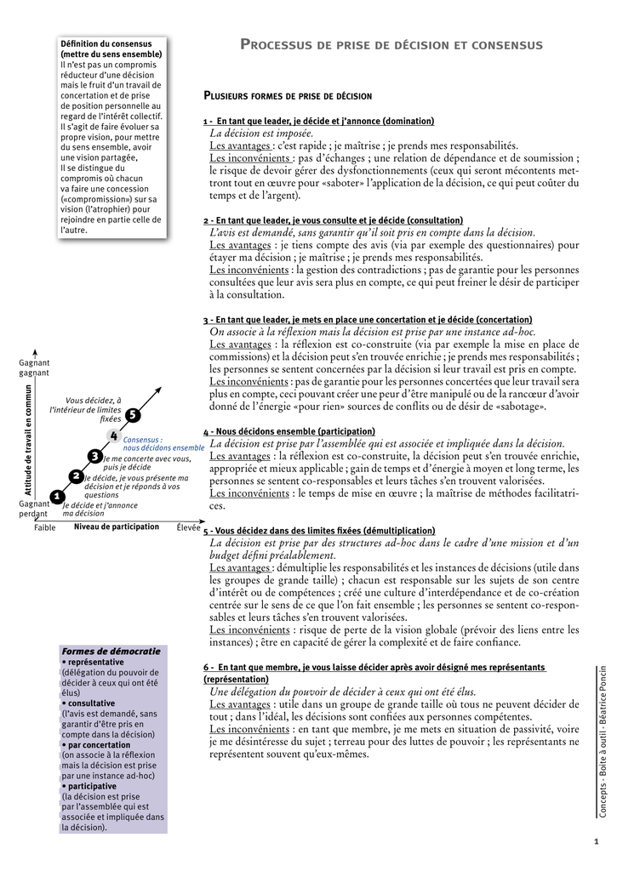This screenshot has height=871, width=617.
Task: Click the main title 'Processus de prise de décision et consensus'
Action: [391, 44]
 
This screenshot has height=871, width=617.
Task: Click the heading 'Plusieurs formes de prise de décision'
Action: [288, 96]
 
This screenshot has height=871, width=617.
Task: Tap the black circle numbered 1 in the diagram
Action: [57, 496]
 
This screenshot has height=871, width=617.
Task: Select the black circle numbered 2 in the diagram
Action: [77, 476]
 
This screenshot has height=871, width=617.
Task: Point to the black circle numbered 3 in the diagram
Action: [95, 457]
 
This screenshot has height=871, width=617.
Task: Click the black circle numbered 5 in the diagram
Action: [132, 415]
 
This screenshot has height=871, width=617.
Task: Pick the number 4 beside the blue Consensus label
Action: [114, 435]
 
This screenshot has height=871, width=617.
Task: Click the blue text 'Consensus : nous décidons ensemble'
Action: [163, 443]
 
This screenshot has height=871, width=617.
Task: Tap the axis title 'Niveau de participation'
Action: [117, 527]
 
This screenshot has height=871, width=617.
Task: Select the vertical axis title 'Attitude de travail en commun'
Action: [28, 440]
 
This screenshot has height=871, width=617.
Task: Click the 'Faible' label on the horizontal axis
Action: [45, 527]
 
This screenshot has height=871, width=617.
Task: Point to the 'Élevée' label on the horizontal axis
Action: [188, 527]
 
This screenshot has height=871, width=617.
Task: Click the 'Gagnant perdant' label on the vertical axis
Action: [34, 509]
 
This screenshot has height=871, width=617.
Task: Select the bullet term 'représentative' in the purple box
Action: [95, 662]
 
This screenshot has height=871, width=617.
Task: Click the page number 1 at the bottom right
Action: [597, 842]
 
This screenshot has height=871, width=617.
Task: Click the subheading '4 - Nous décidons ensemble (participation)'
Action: [289, 431]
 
